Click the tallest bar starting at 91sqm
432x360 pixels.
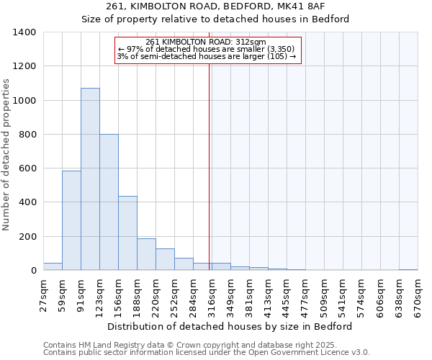click(90, 179)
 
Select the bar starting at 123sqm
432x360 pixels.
click(109, 202)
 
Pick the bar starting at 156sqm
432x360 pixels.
click(127, 233)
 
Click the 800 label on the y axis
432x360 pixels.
click(27, 135)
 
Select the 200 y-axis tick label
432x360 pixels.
click(27, 237)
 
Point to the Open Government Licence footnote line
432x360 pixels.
click(207, 353)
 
